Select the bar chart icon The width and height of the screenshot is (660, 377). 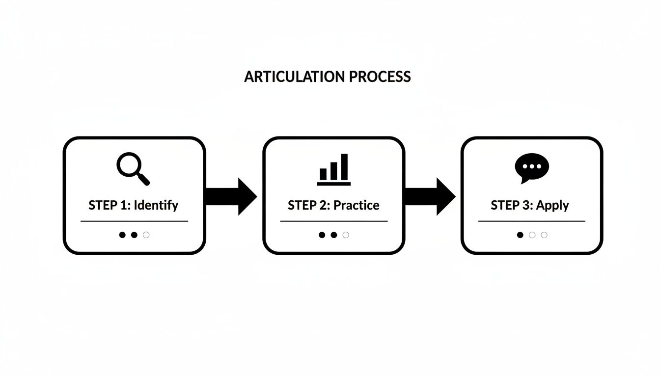334,170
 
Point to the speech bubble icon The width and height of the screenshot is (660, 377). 532,167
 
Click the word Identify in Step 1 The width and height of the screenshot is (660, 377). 156,205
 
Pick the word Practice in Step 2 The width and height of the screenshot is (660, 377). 357,205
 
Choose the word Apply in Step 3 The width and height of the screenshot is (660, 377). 552,205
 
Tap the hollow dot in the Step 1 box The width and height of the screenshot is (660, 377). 146,235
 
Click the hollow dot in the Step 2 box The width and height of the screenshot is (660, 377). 346,235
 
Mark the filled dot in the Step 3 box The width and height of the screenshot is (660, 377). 520,235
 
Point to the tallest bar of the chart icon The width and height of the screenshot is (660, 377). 345,167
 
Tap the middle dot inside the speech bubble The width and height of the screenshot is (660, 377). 532,166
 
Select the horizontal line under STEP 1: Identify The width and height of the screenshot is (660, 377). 134,221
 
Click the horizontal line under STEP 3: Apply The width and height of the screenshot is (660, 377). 532,221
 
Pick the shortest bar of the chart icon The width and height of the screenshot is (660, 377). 323,174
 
